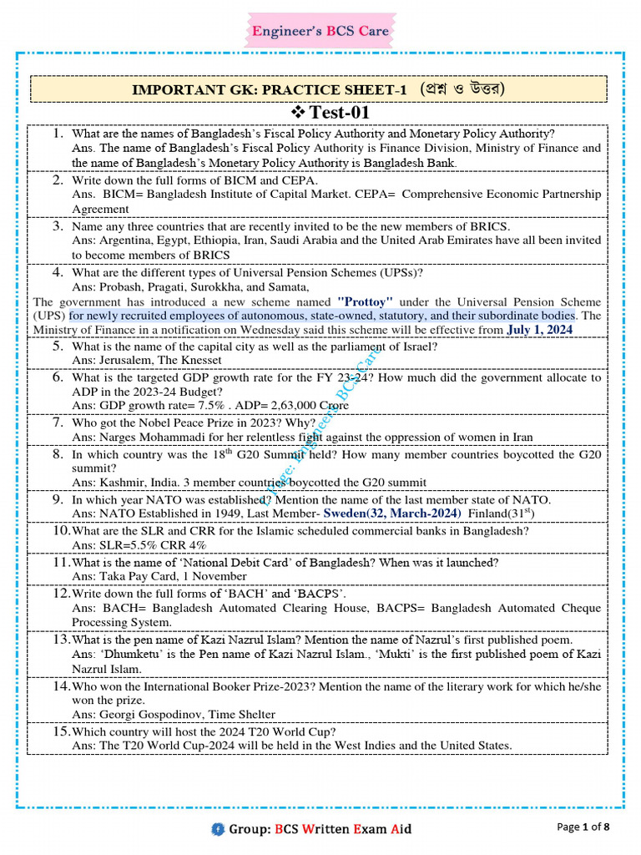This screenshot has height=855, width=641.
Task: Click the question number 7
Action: pyautogui.click(x=58, y=422)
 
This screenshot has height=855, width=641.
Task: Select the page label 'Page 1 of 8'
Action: pyautogui.click(x=583, y=827)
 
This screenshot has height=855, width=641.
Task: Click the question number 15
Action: pyautogui.click(x=60, y=731)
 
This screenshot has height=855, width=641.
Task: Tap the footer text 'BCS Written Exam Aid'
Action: pyautogui.click(x=344, y=829)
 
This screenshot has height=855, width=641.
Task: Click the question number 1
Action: pyautogui.click(x=58, y=134)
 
